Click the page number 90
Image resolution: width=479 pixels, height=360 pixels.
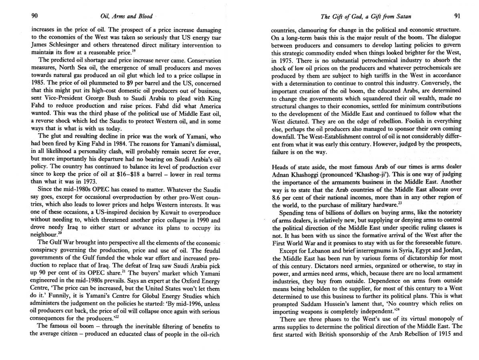tap(34, 16)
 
